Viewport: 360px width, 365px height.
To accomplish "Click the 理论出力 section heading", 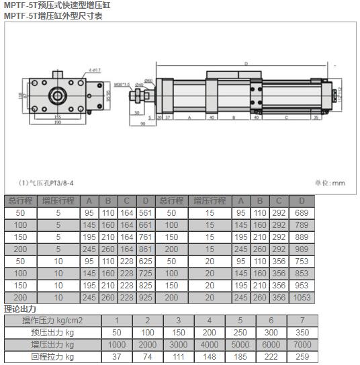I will pos(20,309).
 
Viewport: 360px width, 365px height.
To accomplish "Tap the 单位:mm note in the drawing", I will pos(330,182).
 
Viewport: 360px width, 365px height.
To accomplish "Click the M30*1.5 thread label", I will pos(123,85).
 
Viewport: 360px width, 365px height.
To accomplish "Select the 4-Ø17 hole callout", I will pos(95,70).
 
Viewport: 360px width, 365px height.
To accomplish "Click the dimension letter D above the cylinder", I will pos(246,64).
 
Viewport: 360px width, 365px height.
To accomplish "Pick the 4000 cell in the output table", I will pos(209,345).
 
